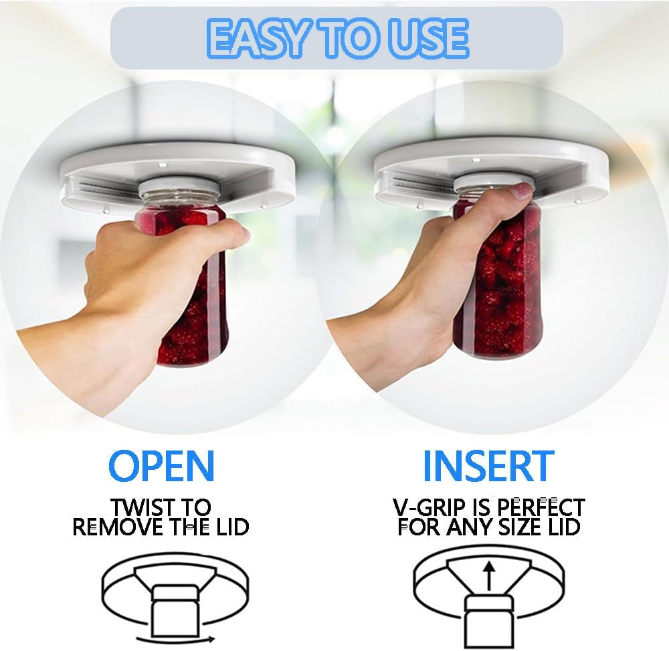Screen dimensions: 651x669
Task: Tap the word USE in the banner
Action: tap(425, 38)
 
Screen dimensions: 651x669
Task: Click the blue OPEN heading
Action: tap(161, 465)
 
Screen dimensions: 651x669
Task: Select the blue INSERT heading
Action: tap(488, 465)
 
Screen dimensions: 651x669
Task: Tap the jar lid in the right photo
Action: tap(482, 183)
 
